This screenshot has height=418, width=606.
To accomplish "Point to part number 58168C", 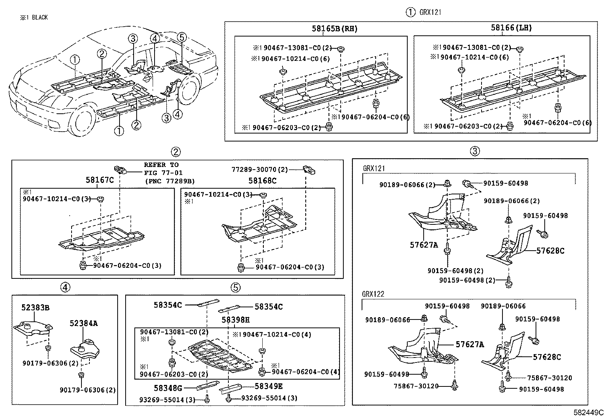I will [262, 181].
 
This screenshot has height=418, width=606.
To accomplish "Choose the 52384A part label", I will [83, 323].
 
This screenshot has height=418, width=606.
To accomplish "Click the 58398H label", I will [236, 320].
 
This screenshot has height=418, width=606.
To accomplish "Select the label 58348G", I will [168, 388].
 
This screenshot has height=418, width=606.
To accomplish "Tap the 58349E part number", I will [268, 387].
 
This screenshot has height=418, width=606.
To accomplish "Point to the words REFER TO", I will [161, 165].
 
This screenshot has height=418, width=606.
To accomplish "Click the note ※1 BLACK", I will [34, 17].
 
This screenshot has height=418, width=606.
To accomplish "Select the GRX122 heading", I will [373, 294].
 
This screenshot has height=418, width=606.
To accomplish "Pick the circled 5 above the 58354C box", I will [236, 288].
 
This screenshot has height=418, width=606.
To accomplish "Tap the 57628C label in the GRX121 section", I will [550, 251].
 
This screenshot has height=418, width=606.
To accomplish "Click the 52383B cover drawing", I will [33, 329].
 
